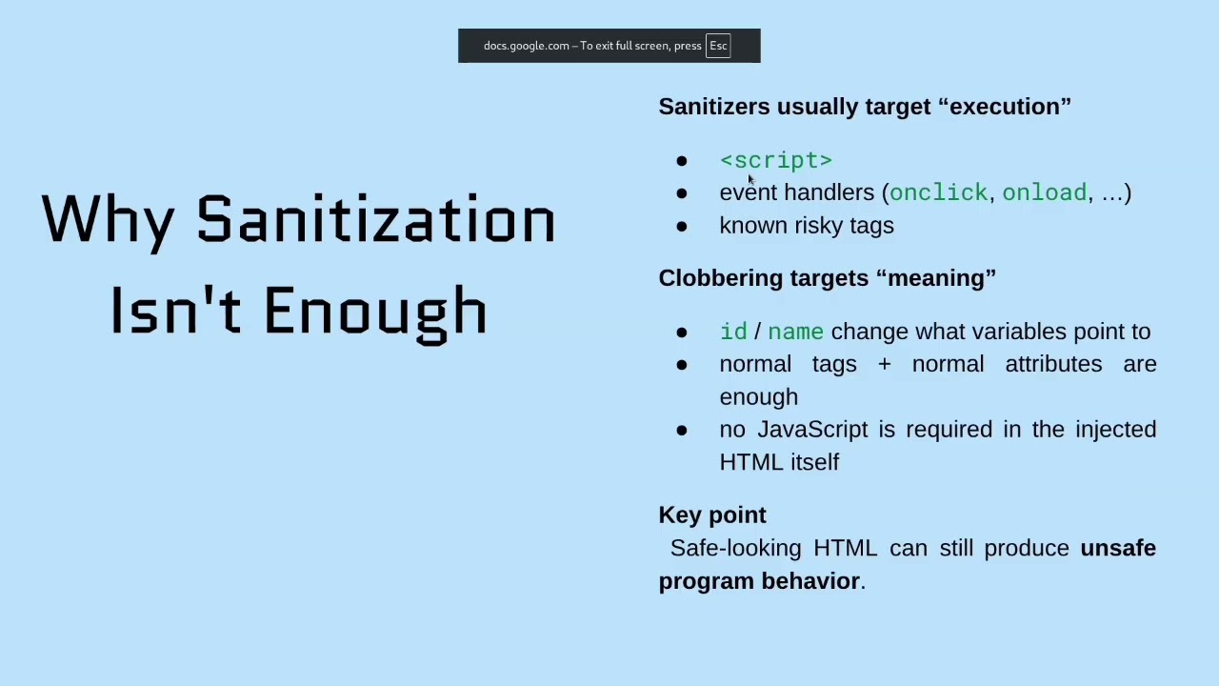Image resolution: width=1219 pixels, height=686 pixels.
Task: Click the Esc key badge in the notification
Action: coord(718,46)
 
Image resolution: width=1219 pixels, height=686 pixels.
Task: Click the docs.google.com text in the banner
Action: coord(526,46)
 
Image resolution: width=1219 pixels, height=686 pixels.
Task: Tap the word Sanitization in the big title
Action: coord(375,220)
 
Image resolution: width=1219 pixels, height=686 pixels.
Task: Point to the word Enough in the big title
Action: coord(375,311)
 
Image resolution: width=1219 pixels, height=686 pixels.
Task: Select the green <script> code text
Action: coord(775,160)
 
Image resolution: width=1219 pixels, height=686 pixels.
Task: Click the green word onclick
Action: coord(938,192)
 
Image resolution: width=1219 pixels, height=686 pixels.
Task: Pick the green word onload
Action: coord(1044,192)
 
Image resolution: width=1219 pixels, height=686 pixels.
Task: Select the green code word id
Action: coord(733,332)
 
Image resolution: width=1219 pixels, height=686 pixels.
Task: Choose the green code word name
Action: coord(795,332)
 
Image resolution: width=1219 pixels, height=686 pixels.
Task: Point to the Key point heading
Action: coord(712,515)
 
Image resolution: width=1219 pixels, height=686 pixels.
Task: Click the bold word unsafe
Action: coord(1117,548)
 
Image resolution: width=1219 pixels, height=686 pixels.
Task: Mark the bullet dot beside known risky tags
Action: coord(681,227)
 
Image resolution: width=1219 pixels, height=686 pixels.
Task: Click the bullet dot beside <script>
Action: coord(681,161)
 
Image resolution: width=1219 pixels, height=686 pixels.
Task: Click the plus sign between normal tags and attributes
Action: coord(884,364)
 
